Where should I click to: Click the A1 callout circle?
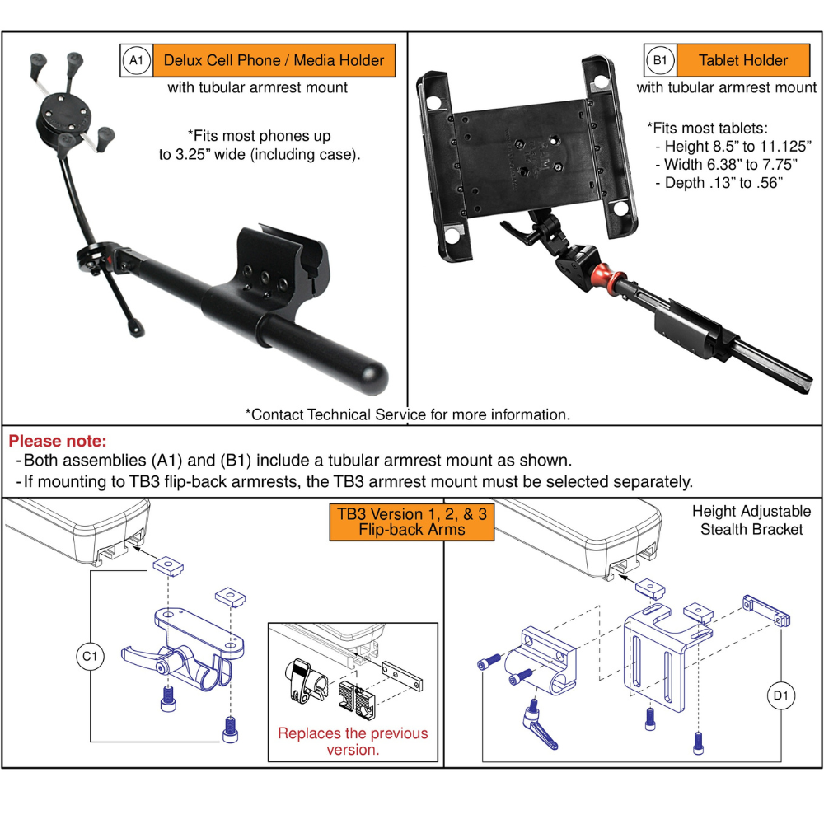(136, 60)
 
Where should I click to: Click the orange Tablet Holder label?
(742, 60)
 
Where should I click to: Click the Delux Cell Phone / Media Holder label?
(274, 60)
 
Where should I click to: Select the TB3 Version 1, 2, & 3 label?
(411, 522)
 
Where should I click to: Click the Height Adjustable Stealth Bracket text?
(751, 520)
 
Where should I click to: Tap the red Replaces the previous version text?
(353, 741)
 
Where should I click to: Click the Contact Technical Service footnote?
(407, 414)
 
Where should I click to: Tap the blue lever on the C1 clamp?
(135, 656)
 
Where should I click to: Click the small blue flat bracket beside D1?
(766, 610)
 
